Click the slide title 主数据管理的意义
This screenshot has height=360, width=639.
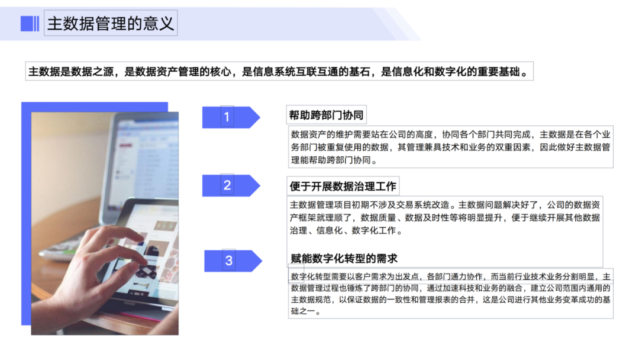coord(111,24)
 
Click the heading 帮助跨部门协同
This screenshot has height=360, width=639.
coord(326,115)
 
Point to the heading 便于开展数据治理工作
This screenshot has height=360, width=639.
coord(343,186)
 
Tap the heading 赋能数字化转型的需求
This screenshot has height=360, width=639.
coord(344,259)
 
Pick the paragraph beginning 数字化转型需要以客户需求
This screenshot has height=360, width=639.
coord(450,294)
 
